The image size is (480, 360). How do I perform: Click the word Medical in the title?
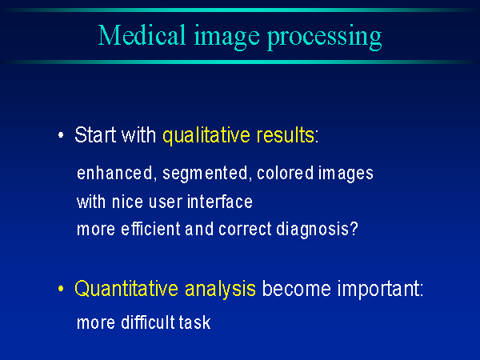(x=142, y=35)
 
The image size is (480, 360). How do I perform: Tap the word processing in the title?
(x=325, y=38)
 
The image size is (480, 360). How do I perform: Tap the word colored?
(x=286, y=173)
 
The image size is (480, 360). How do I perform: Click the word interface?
(x=220, y=202)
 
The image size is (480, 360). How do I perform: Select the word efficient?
(x=151, y=229)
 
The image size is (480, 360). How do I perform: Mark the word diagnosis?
(x=313, y=230)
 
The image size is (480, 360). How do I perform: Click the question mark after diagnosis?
(x=354, y=229)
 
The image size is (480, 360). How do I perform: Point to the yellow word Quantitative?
(x=127, y=288)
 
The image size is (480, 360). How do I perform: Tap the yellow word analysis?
(x=221, y=289)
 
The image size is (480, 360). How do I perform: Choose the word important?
(x=378, y=289)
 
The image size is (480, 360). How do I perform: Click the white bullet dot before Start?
(x=61, y=135)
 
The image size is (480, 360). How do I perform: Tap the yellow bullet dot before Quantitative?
(x=61, y=289)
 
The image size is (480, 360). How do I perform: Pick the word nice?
(x=127, y=202)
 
